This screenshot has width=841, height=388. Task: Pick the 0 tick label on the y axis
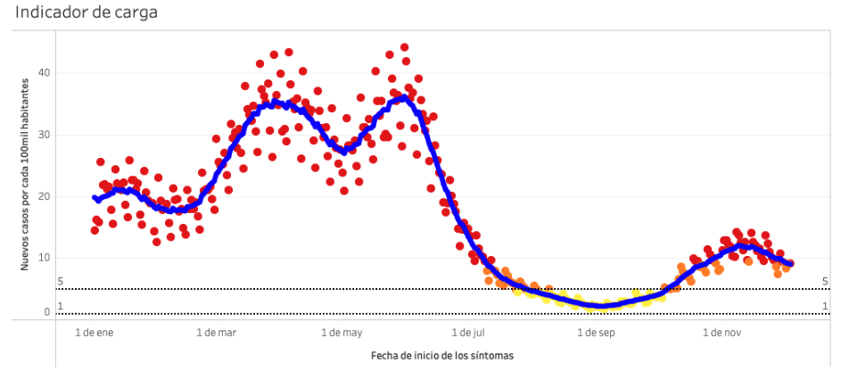[47, 312]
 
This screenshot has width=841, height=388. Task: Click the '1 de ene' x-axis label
[94, 333]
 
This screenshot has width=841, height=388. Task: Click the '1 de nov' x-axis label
[720, 333]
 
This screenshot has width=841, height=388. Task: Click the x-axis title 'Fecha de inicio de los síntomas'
[441, 355]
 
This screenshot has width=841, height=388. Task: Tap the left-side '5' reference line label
[60, 282]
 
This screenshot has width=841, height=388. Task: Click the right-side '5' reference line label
[826, 282]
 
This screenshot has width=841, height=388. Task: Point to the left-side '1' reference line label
[60, 307]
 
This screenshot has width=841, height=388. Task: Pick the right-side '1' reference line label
[826, 307]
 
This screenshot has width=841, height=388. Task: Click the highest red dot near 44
[404, 47]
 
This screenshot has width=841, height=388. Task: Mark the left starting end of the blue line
[95, 198]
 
